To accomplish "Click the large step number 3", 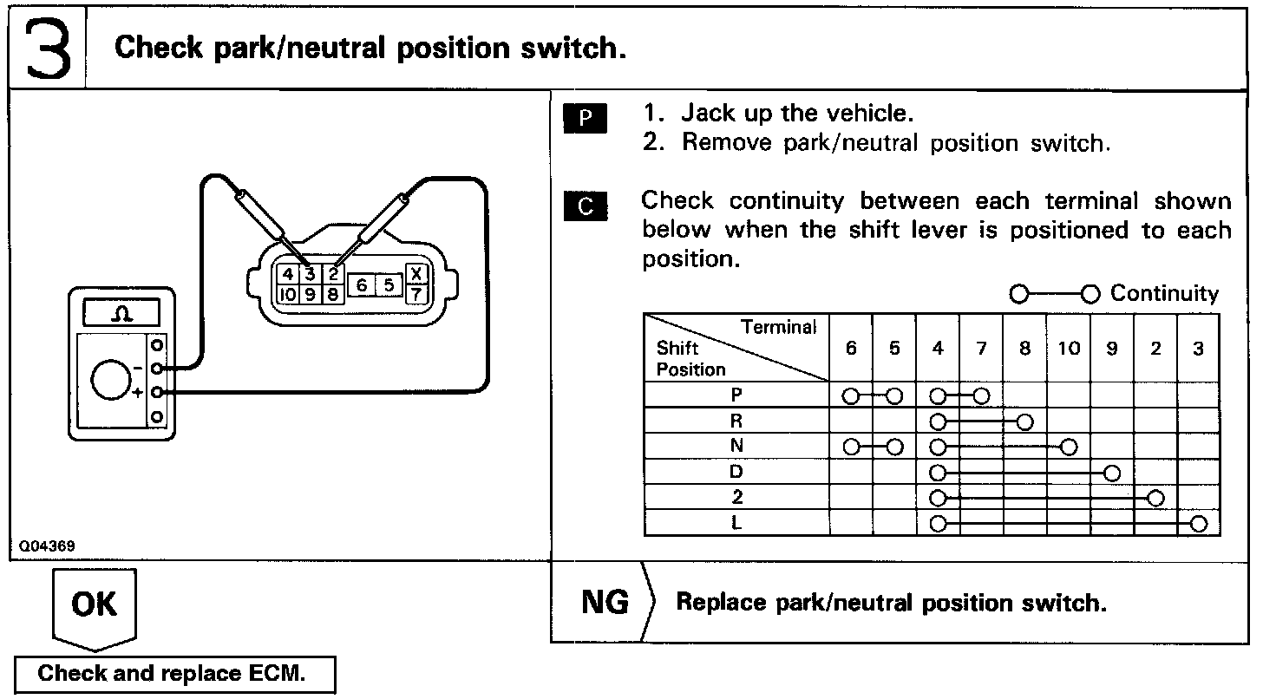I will coord(47,48).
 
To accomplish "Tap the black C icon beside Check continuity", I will coord(586,206).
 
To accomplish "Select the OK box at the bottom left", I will coord(95,604).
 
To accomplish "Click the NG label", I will coord(605,602).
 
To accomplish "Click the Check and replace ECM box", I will coord(173,674).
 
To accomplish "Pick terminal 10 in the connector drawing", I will coord(285,294).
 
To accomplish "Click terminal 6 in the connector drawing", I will coord(363,284).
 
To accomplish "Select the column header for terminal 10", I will coord(1069,349).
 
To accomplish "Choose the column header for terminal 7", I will coord(981,349).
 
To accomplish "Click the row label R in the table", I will coord(736,421).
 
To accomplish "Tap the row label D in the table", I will coord(736,473).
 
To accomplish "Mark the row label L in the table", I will coord(736,524).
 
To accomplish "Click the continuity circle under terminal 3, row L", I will coord(1199,524).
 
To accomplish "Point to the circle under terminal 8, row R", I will coord(1025,422).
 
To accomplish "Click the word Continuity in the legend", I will coord(1164,294).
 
